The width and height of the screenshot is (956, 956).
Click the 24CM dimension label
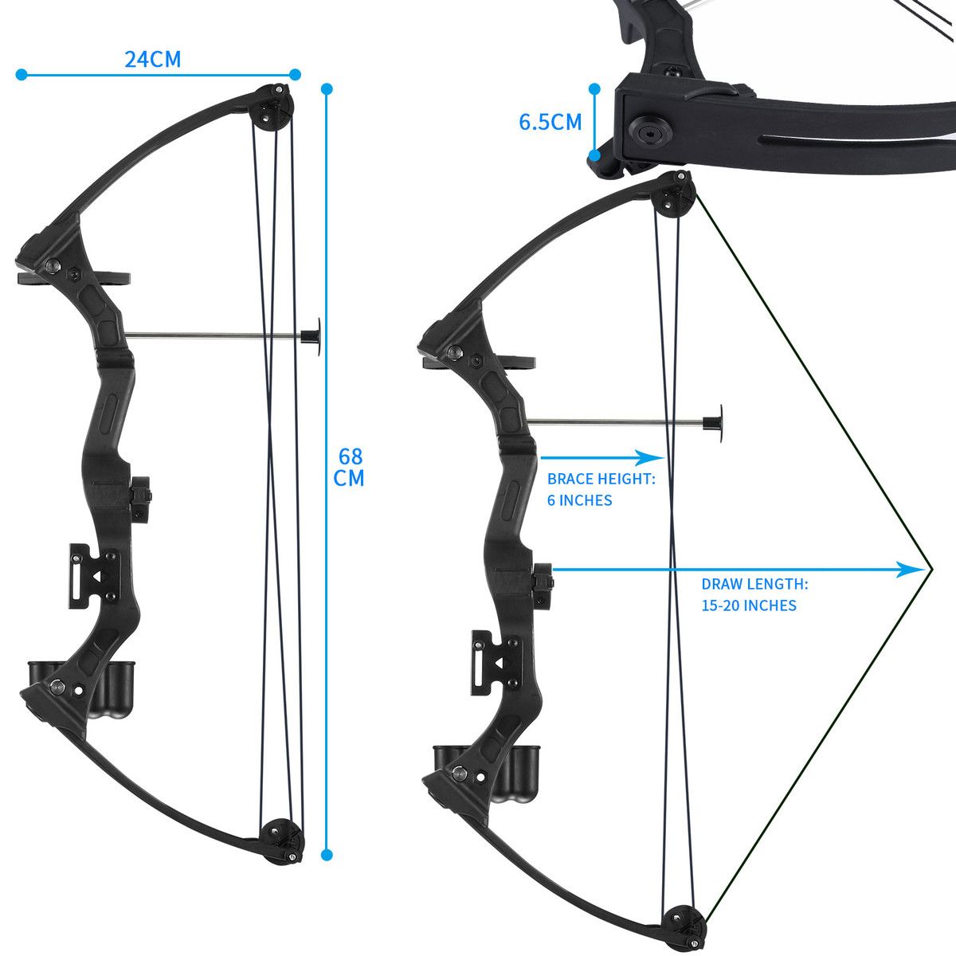coord(152,59)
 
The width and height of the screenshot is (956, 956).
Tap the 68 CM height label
coord(348,467)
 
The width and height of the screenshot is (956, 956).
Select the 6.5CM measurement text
coord(550,122)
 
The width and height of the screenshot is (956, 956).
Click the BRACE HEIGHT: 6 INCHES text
coord(601,489)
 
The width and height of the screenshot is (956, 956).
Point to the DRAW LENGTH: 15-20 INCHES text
coord(754,594)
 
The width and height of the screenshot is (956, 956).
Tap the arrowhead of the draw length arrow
coord(912,569)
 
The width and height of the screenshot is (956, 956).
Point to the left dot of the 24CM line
coord(22,74)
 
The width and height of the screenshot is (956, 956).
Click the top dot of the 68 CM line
coord(327,89)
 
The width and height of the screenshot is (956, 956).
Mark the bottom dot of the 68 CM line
coord(327,854)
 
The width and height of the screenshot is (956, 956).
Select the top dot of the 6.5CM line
coord(594,89)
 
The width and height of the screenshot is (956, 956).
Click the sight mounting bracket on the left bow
coord(94,575)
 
